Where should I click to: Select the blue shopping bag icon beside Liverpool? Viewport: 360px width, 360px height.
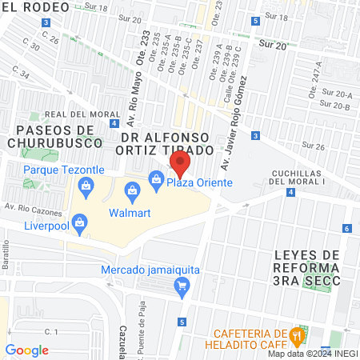pos(78,226)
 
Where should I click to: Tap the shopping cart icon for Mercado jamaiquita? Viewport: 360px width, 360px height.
pos(183,286)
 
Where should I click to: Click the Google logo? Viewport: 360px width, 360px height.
pos(26,350)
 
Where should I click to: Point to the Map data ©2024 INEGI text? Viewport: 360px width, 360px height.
pos(312,354)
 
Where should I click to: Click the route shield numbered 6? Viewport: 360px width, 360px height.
pos(346,229)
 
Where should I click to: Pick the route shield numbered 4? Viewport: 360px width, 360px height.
pos(117,123)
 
